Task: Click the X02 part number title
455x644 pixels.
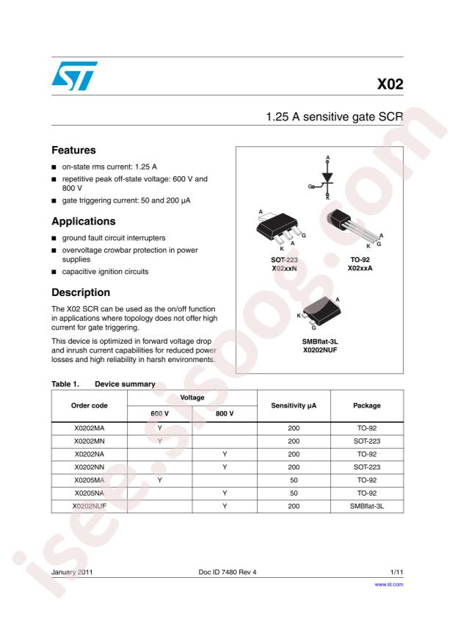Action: pos(390,84)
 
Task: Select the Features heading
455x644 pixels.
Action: pos(74,150)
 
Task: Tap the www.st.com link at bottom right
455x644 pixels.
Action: pos(389,585)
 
